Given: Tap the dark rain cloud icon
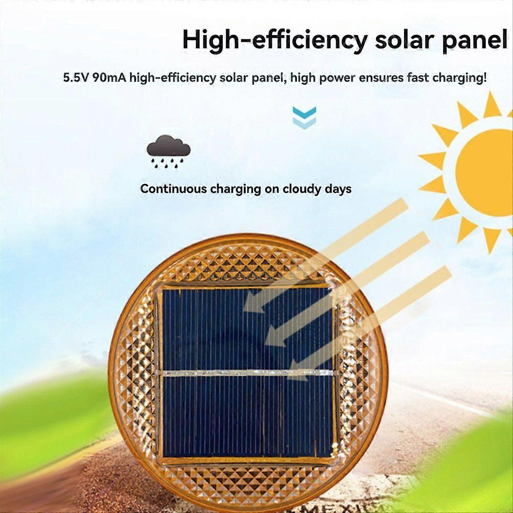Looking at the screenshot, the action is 169,151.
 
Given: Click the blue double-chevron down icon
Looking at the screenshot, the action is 304,118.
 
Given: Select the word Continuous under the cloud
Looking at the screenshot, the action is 174,189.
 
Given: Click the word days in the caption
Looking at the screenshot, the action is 338,189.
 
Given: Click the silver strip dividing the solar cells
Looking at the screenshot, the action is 248,373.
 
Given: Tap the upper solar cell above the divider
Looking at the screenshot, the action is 248,329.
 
